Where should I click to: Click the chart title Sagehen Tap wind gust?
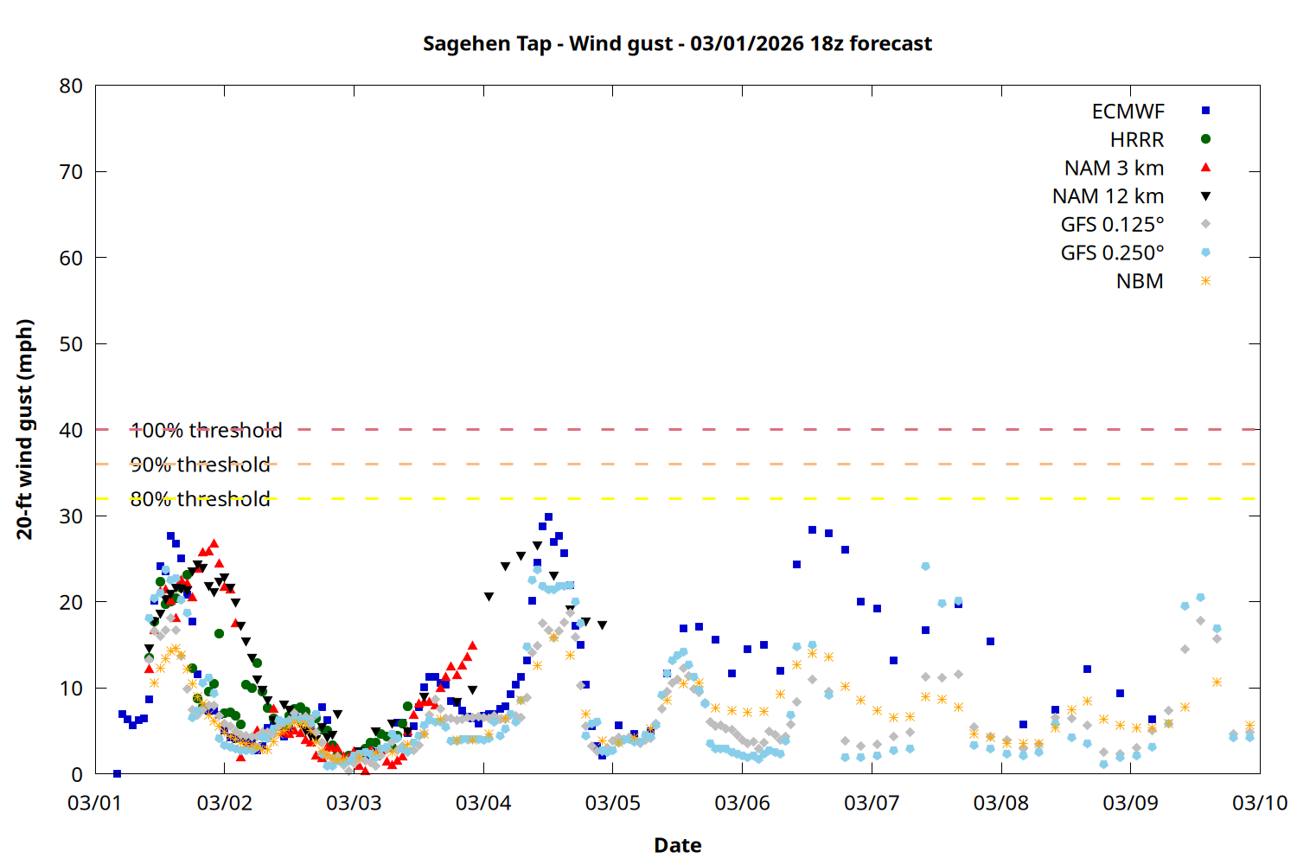[677, 43]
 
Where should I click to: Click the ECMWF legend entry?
[1128, 112]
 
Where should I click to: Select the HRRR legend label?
[1137, 140]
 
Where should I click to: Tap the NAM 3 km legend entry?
[1114, 168]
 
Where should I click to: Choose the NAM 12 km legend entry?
[1108, 196]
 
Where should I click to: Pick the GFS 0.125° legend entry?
[1112, 225]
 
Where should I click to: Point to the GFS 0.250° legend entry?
[1112, 253]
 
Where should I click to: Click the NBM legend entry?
[1140, 281]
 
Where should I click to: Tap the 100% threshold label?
[206, 430]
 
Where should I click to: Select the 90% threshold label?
[200, 465]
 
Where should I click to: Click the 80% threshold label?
[200, 499]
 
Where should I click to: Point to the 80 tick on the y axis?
[71, 86]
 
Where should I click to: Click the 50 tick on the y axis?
[71, 343]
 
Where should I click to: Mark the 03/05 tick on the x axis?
[612, 803]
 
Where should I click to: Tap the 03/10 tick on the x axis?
[1259, 803]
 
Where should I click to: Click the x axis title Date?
[677, 845]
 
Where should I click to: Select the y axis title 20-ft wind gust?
[25, 429]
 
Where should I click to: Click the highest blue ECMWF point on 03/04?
[548, 517]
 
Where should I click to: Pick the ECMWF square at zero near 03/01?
[117, 773]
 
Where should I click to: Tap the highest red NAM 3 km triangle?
[214, 544]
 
